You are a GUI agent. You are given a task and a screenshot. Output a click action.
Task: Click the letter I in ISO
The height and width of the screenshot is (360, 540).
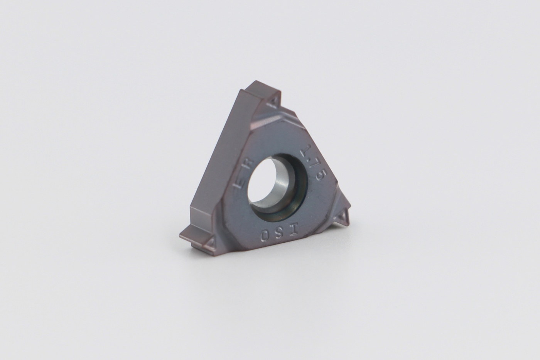click(x=295, y=229)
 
